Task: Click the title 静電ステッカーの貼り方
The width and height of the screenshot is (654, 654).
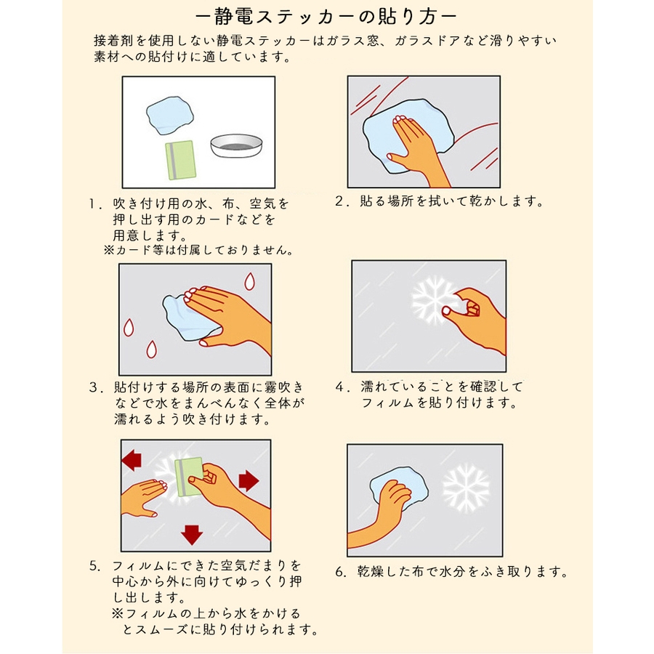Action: click(x=326, y=17)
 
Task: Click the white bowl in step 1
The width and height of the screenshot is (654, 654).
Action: click(x=236, y=145)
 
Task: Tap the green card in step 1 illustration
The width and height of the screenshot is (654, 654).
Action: click(x=181, y=160)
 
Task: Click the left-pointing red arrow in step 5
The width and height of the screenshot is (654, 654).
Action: click(x=132, y=460)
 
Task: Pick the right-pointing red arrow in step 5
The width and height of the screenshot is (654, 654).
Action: click(x=249, y=481)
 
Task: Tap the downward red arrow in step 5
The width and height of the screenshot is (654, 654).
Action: click(x=192, y=535)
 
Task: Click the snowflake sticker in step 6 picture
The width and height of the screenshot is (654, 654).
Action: click(x=466, y=488)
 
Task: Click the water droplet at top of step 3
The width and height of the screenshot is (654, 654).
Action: click(x=249, y=281)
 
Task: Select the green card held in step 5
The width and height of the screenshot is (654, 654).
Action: click(x=188, y=477)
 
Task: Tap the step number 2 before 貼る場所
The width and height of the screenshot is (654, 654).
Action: click(x=339, y=201)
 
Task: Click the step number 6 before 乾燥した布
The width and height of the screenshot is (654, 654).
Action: click(x=340, y=571)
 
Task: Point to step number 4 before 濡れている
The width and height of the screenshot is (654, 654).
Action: click(x=340, y=387)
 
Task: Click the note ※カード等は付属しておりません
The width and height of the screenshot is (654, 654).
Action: click(x=198, y=250)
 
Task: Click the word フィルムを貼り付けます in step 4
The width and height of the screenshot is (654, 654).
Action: click(x=439, y=403)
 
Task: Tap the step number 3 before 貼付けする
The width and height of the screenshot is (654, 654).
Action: click(x=94, y=387)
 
